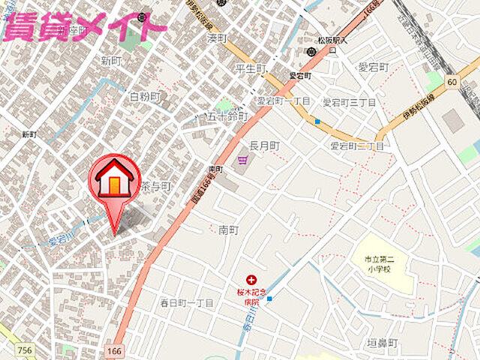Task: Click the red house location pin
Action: tap(115, 184)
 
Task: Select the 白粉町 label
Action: tap(145, 97)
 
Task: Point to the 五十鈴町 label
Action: tap(227, 117)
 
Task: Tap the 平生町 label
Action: tap(250, 69)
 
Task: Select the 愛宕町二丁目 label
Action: tap(356, 145)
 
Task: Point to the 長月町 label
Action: tap(264, 145)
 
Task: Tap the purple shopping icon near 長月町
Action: tap(242, 160)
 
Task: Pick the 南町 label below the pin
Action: tap(228, 229)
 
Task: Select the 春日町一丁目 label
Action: tap(187, 303)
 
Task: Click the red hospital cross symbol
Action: tap(252, 280)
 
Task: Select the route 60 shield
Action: tap(451, 81)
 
